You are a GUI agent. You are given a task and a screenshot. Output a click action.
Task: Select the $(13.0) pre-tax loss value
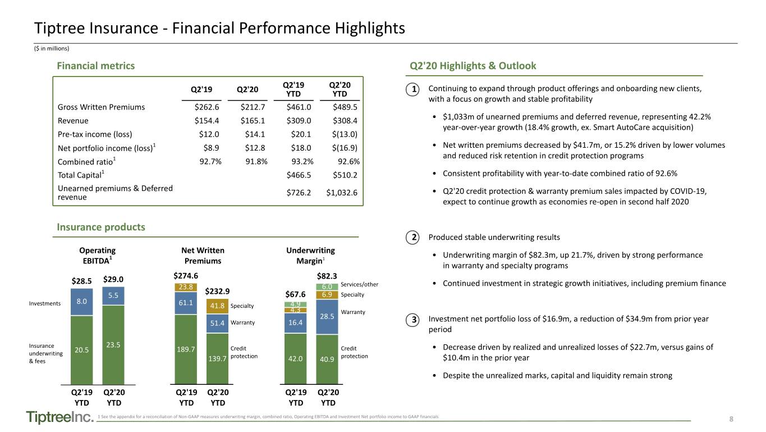point(345,134)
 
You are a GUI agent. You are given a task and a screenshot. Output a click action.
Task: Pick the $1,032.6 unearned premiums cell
point(342,193)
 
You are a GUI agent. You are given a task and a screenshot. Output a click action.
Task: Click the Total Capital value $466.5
point(299,175)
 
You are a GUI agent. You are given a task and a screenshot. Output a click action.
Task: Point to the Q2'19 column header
point(201,89)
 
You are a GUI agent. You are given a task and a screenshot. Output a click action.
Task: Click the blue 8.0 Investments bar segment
point(82,302)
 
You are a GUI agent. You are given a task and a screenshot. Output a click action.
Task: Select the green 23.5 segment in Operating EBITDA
point(113,345)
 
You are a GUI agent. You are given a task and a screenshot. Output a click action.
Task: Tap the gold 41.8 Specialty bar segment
point(217,306)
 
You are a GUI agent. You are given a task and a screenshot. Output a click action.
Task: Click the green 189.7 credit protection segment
point(186,349)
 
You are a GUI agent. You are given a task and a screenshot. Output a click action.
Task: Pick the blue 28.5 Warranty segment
point(327,317)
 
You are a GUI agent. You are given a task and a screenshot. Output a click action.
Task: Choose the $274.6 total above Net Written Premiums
point(186,276)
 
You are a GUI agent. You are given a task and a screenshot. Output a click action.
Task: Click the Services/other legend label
point(359,284)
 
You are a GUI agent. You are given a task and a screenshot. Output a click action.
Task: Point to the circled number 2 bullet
point(413,238)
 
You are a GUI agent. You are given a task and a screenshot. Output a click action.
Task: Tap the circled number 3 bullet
point(413,320)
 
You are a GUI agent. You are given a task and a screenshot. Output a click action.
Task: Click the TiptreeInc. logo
point(60,417)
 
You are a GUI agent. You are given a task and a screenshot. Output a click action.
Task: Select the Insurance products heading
point(101,227)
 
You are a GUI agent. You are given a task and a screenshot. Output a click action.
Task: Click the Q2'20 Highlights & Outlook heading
point(473,66)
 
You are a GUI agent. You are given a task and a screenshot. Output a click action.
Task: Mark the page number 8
point(731,419)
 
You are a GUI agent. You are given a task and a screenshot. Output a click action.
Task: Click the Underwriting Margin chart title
point(310,256)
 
